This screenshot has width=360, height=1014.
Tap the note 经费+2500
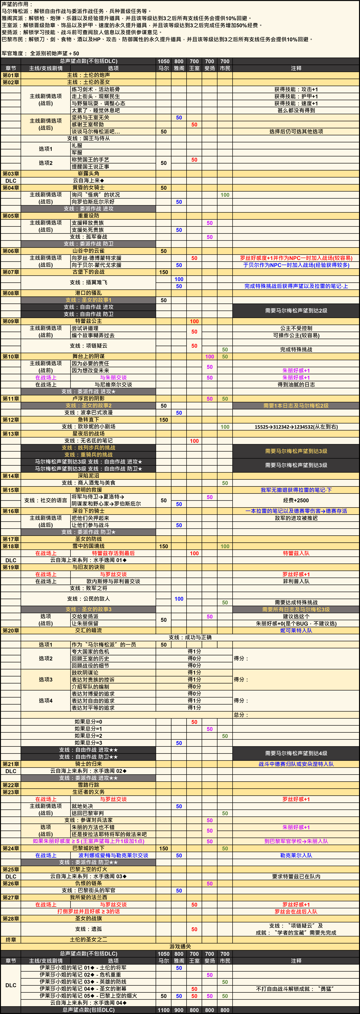pos(296,500)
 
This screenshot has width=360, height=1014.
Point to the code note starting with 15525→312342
pos(296,427)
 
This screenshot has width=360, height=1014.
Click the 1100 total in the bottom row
pos(164,1010)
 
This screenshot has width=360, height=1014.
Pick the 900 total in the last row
pos(179,1010)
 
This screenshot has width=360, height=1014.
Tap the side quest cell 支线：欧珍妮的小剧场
pos(89,427)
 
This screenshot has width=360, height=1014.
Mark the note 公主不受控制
pos(296,328)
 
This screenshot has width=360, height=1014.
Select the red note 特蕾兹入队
pos(296,553)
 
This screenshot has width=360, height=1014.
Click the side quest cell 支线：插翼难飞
pos(89,282)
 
